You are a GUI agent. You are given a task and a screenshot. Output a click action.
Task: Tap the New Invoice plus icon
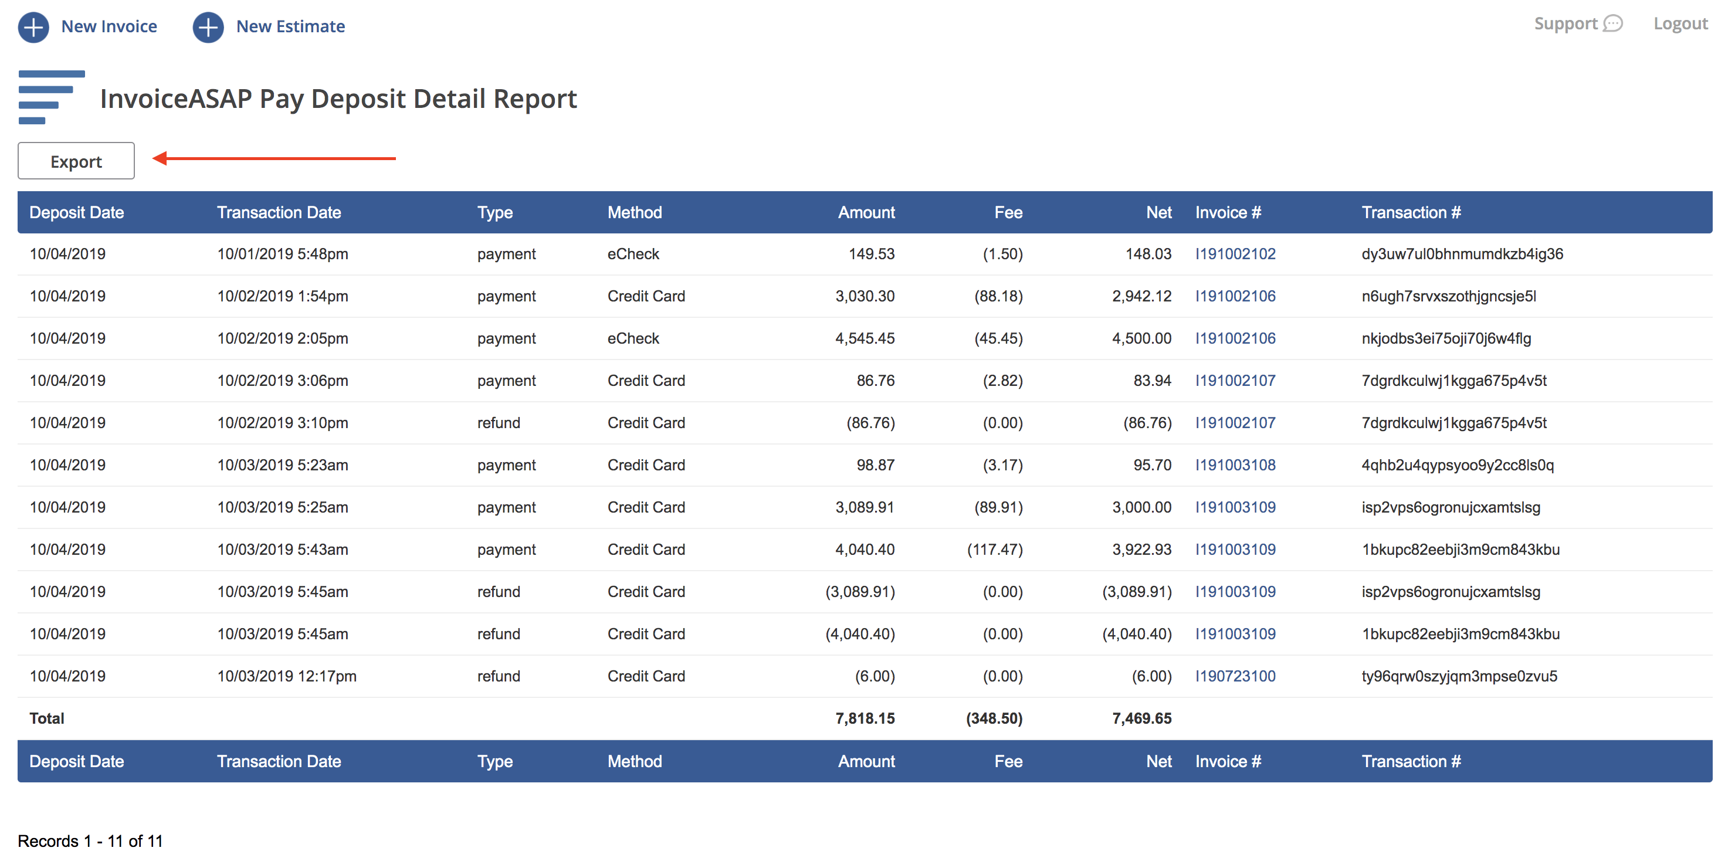click(x=33, y=27)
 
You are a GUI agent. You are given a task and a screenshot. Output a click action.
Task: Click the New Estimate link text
click(x=290, y=26)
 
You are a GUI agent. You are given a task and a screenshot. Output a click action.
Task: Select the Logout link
click(x=1680, y=23)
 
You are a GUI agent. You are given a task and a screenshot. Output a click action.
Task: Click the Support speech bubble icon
click(x=1612, y=23)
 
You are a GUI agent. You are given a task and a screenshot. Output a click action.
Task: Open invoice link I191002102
click(x=1235, y=254)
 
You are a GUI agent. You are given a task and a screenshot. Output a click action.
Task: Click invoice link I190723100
click(x=1235, y=676)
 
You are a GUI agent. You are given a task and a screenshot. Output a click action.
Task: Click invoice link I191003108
click(x=1235, y=464)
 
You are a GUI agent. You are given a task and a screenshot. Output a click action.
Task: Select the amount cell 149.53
click(x=871, y=254)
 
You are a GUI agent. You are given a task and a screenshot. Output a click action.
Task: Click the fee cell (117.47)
click(x=994, y=550)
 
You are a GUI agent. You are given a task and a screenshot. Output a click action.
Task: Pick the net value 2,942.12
click(x=1141, y=296)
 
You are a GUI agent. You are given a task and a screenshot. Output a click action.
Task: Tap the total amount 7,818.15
click(x=864, y=718)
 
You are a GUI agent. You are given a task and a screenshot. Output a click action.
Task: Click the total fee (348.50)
click(x=994, y=718)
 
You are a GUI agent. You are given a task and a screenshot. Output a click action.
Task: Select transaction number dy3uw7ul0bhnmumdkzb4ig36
click(x=1462, y=254)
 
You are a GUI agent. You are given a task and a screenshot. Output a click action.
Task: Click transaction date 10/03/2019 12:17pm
click(x=286, y=676)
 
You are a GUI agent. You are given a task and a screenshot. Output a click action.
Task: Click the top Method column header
click(x=635, y=213)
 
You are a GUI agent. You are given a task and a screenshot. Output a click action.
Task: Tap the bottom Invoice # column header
click(x=1227, y=762)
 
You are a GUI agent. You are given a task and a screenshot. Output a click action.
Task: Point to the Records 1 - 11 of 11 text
click(x=90, y=841)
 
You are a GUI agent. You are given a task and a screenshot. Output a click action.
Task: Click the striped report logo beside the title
click(x=50, y=97)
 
